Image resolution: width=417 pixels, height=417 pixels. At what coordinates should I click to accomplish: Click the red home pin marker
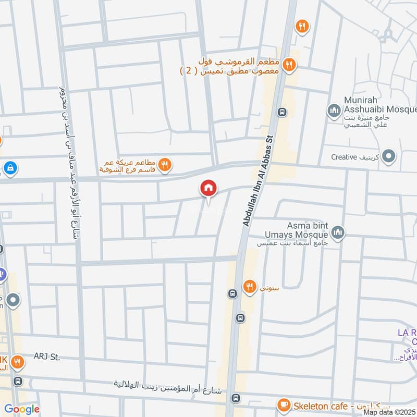click(x=208, y=188)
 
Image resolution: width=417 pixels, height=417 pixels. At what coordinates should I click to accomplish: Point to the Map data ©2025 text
click(x=390, y=412)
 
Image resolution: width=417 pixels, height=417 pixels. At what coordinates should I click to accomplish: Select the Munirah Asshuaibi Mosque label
click(x=380, y=104)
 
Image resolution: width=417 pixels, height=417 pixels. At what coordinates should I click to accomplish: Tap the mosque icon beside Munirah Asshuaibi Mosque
click(x=333, y=110)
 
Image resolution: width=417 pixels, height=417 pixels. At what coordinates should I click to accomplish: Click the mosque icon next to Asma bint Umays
click(x=338, y=231)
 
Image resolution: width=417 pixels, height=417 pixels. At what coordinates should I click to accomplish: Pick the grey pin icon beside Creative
click(x=388, y=156)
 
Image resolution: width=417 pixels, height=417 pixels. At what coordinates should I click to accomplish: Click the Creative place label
click(x=352, y=157)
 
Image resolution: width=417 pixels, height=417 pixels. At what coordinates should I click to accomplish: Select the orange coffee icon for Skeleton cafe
click(x=284, y=404)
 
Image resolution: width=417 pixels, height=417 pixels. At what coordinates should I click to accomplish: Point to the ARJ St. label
click(x=47, y=357)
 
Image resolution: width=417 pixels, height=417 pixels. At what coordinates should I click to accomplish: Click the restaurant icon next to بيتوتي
click(x=250, y=286)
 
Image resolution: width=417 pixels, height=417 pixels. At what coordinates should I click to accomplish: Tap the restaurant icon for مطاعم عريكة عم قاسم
click(x=165, y=165)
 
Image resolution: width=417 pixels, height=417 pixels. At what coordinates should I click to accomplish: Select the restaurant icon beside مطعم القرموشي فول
click(x=290, y=65)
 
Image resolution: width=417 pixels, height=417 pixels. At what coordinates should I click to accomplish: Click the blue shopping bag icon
click(x=9, y=168)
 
